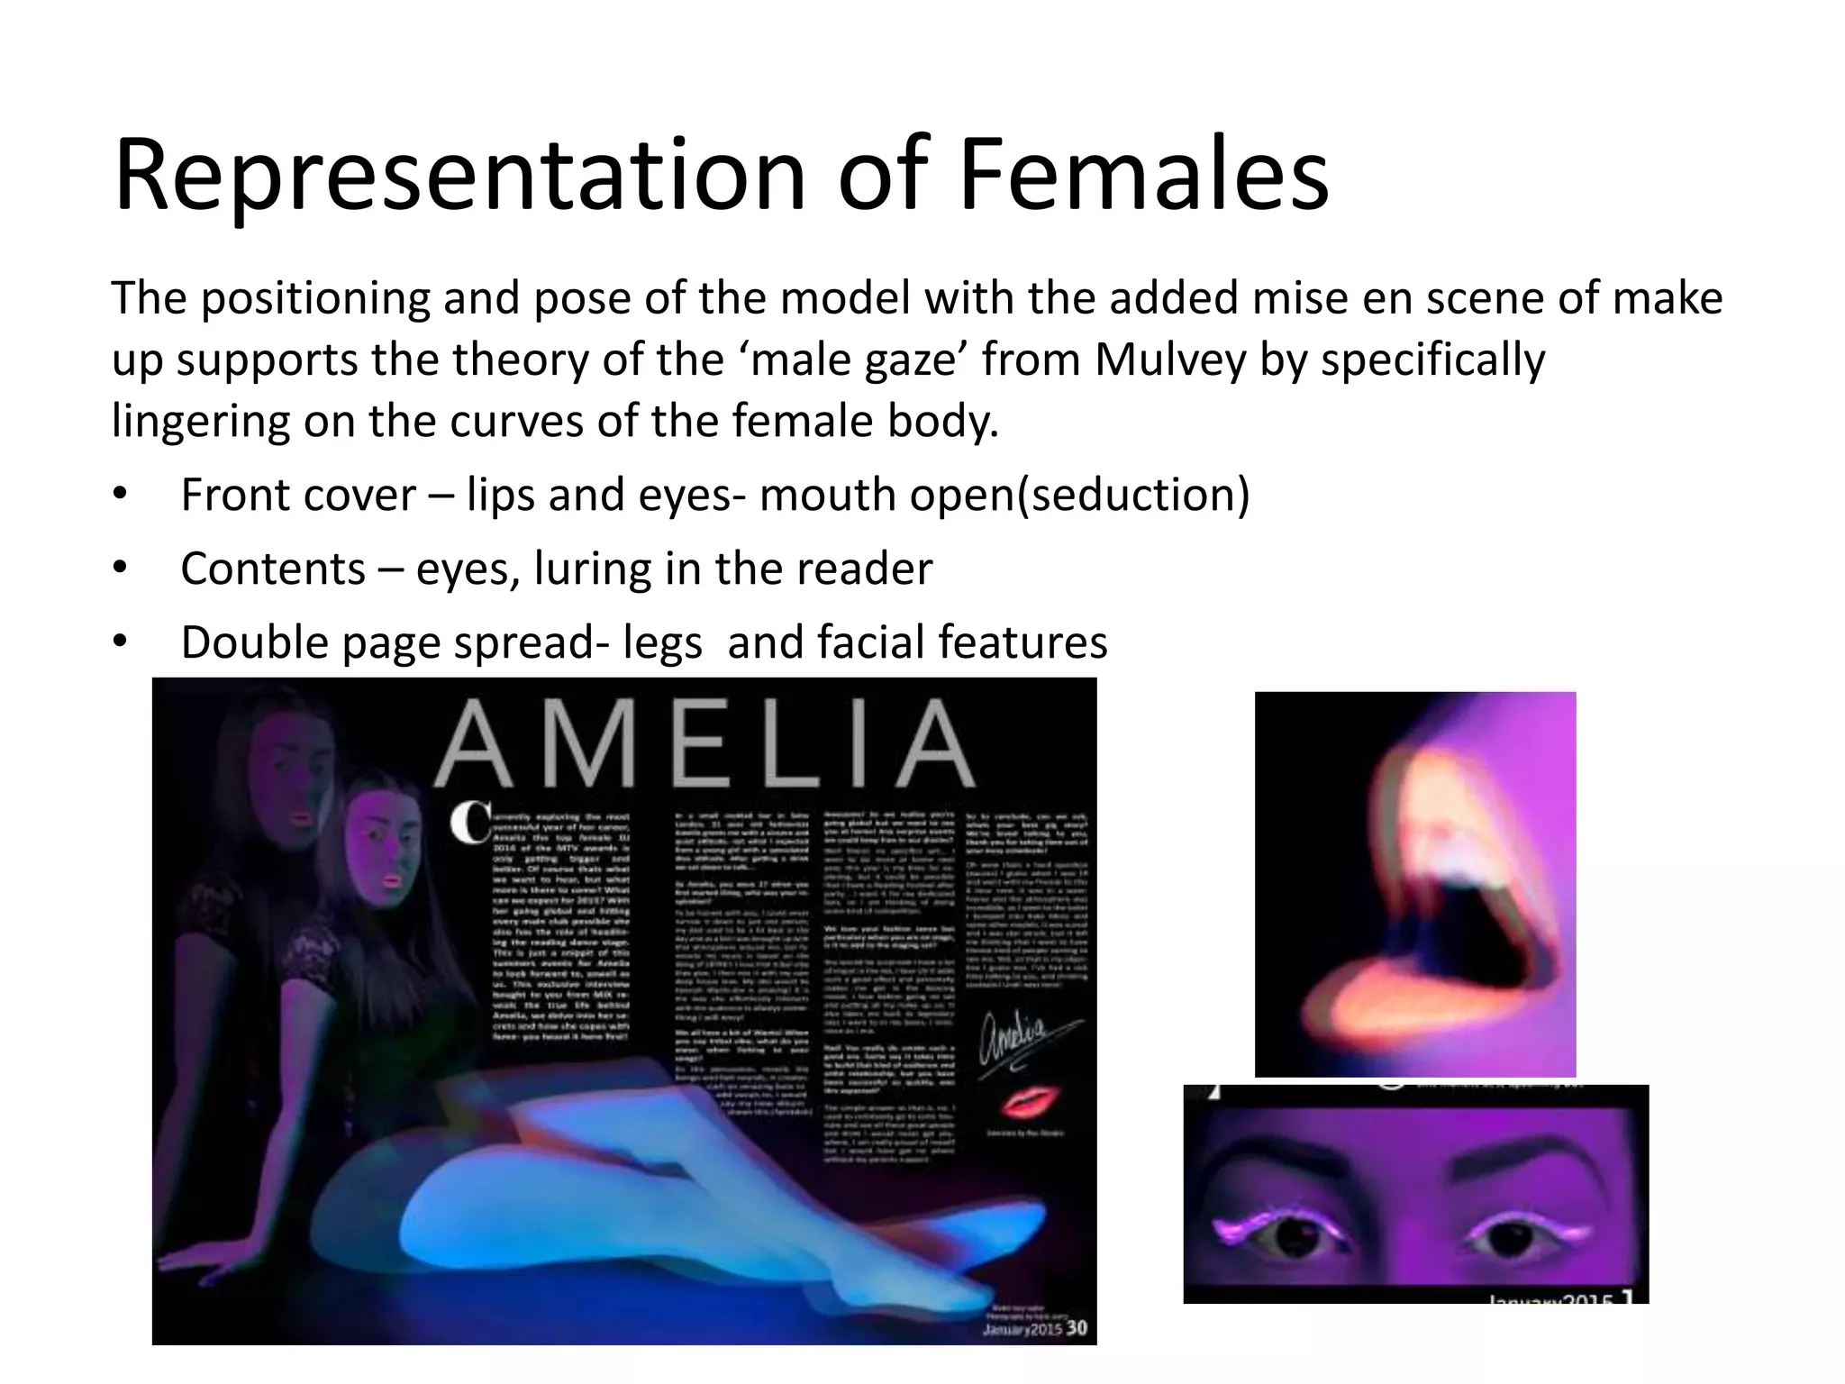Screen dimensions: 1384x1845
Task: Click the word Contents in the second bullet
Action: click(273, 569)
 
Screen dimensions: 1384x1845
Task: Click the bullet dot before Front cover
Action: click(121, 495)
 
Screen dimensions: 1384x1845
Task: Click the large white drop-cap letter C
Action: click(470, 824)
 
